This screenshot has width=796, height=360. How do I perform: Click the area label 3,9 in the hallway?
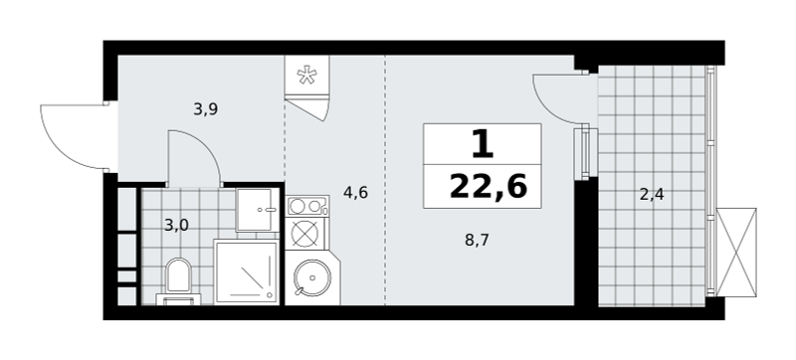click(206, 109)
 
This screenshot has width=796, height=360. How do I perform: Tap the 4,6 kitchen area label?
click(355, 193)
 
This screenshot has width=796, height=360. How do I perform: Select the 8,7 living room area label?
click(477, 240)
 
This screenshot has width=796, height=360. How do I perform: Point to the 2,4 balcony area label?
click(652, 194)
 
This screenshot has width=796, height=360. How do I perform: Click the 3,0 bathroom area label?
click(177, 225)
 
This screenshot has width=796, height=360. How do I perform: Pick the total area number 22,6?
click(489, 187)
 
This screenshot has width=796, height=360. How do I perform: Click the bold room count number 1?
click(483, 144)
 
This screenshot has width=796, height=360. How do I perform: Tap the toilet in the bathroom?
click(178, 281)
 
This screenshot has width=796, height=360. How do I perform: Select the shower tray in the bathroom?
click(247, 272)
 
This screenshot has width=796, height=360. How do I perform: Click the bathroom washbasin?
click(258, 210)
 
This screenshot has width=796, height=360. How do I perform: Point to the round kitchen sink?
click(312, 277)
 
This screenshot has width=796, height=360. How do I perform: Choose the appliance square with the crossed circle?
click(305, 234)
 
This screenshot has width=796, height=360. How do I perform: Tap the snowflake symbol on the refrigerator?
click(306, 76)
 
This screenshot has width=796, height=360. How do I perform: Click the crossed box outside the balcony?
click(736, 252)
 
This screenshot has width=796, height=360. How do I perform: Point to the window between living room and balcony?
click(586, 153)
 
